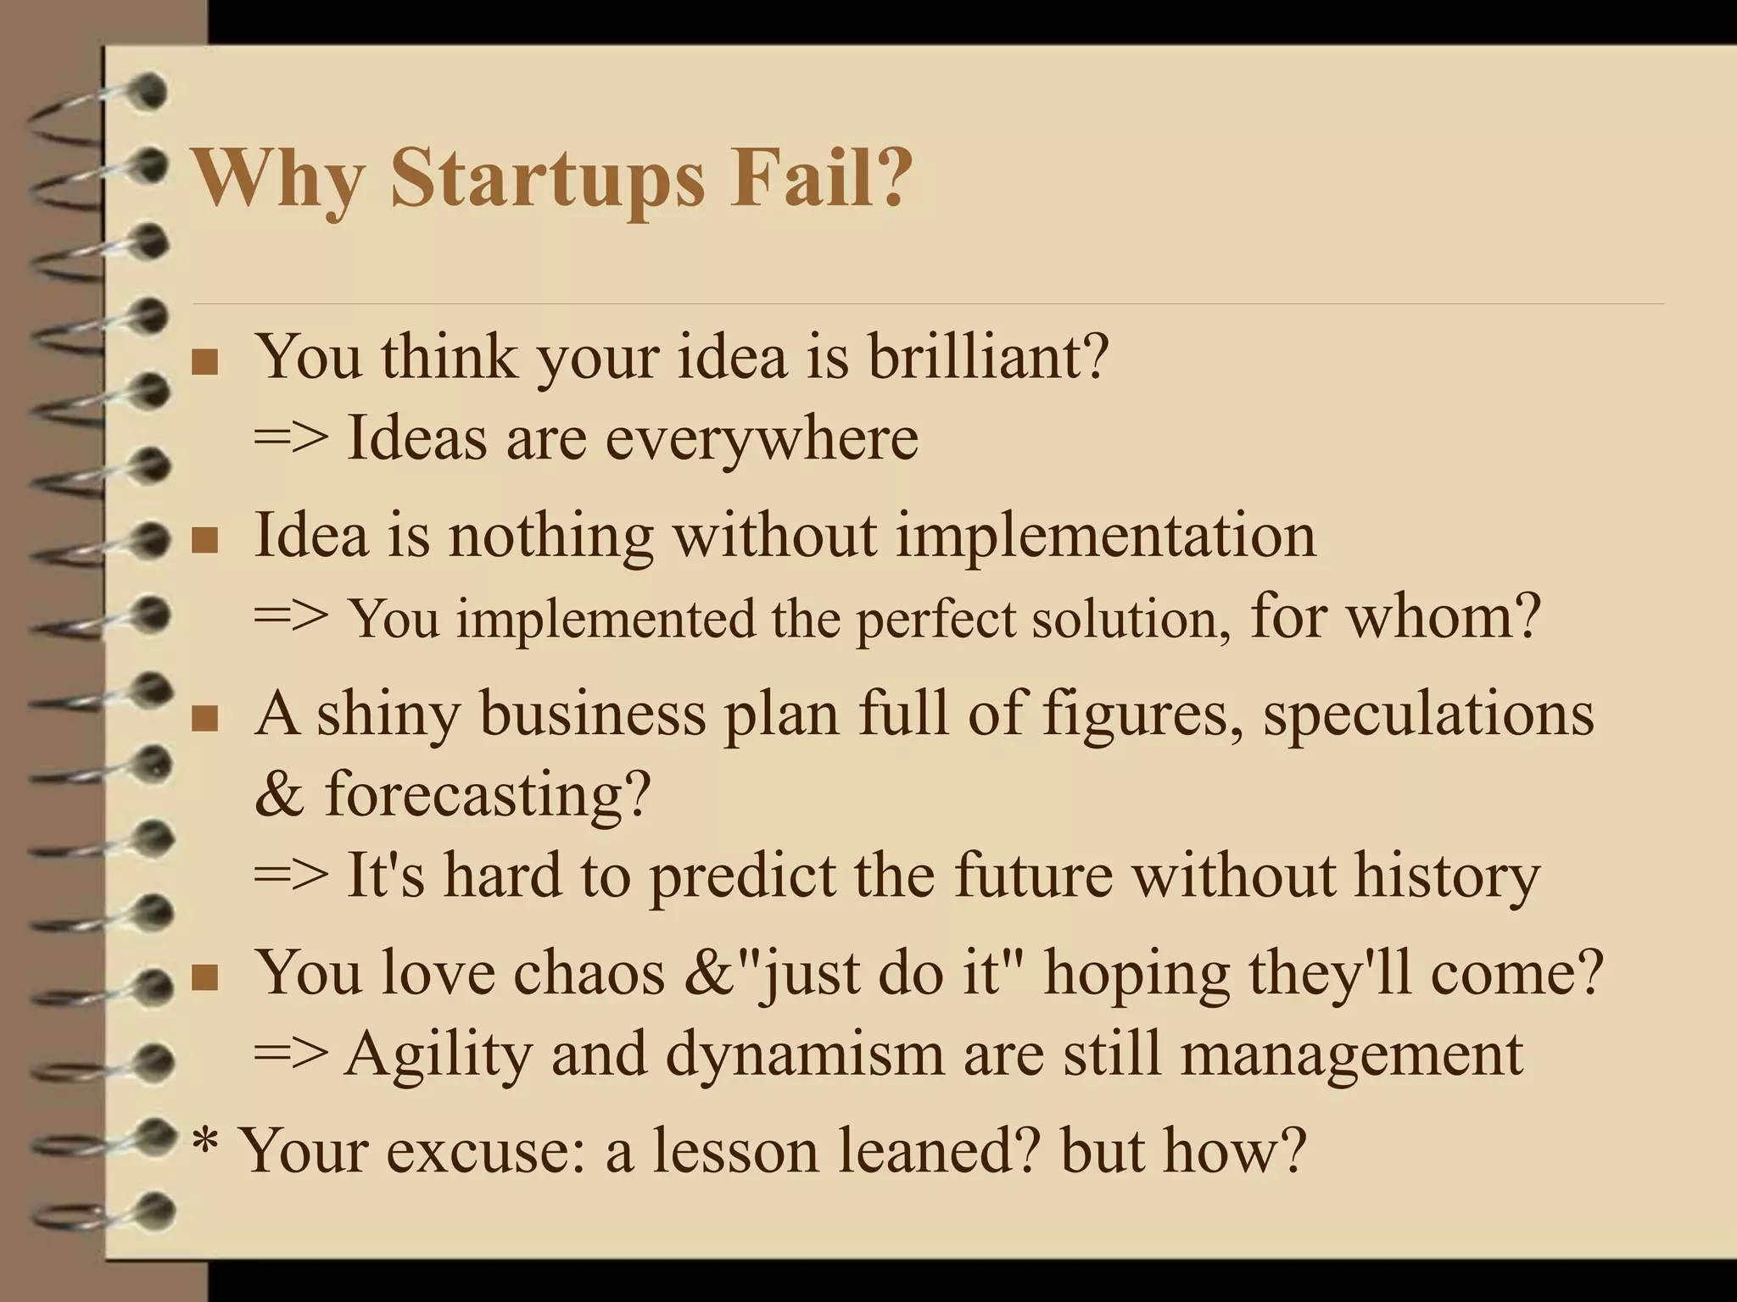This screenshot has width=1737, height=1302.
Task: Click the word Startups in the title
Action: click(x=547, y=180)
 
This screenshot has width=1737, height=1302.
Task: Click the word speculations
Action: click(x=1428, y=715)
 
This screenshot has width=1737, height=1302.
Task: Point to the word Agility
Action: click(x=438, y=1055)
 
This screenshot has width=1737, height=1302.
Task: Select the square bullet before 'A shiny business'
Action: click(x=204, y=719)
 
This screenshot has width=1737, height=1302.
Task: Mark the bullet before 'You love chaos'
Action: click(x=204, y=977)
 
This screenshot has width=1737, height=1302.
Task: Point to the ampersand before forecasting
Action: click(x=278, y=795)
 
